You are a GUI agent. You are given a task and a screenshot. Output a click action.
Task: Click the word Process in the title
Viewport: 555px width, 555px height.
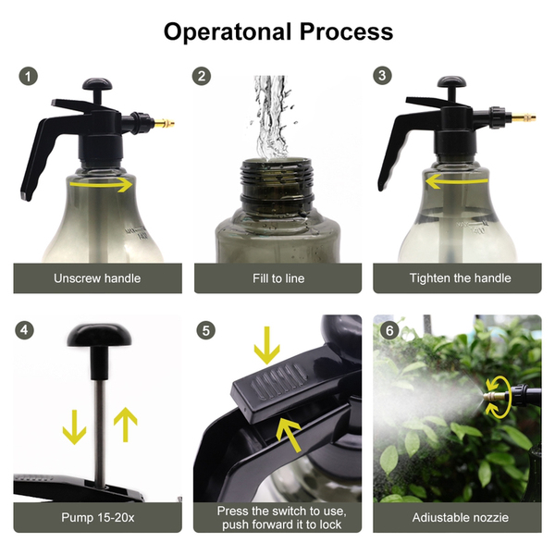346,31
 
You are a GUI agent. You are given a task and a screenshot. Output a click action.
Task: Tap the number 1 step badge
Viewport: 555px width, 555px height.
29,76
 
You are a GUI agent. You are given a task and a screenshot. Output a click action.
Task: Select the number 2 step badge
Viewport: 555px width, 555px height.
202,76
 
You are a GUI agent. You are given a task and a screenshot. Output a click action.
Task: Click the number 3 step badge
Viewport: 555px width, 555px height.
382,76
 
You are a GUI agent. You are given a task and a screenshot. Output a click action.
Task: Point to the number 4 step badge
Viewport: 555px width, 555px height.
24,330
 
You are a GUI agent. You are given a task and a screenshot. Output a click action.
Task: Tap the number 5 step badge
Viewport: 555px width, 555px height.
205,330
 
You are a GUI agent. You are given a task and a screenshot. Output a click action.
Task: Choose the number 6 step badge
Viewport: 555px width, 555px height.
389,330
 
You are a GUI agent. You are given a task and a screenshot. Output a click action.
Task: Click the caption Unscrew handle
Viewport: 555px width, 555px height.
97,278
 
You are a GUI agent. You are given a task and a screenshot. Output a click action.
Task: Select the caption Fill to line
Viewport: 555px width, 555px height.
278,278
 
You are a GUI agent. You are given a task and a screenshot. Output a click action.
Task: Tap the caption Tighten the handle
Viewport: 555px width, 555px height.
460,277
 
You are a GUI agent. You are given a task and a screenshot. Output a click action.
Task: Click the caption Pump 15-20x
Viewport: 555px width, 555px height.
98,517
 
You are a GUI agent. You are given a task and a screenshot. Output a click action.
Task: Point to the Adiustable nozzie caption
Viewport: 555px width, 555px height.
460,517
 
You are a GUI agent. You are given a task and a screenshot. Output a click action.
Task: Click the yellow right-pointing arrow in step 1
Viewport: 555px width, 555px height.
101,184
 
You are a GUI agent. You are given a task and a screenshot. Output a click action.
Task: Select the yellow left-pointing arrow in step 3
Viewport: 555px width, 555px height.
457,181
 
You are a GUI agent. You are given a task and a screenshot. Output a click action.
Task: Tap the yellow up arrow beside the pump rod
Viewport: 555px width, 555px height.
125,425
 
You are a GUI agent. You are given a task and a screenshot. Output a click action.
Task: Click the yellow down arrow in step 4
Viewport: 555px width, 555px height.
74,426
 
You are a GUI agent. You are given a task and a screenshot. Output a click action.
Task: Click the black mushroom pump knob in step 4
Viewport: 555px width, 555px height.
100,335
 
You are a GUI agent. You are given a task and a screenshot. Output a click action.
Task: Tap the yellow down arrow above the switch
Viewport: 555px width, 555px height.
267,345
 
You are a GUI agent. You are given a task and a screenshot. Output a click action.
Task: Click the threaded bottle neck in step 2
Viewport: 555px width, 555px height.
277,183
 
